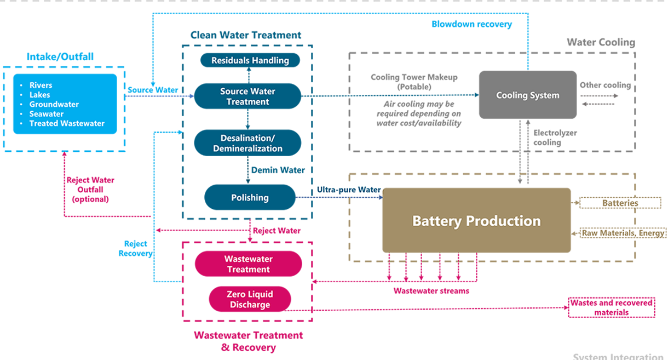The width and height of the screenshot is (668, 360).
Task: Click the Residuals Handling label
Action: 250,60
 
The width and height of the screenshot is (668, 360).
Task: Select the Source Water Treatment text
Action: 248,96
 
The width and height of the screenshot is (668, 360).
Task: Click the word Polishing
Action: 250,197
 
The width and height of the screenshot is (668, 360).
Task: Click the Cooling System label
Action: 528,95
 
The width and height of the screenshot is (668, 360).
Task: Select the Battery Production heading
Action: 476,221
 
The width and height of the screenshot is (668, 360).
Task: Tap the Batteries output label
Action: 620,203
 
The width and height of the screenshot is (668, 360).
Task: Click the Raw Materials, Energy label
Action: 623,233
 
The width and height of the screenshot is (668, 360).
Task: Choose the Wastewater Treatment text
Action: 249,264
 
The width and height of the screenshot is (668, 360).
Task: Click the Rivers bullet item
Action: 41,85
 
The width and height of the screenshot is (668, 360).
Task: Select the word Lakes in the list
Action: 40,95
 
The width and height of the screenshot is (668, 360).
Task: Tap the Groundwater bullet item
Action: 54,104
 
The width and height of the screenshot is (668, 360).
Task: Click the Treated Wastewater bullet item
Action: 67,123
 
